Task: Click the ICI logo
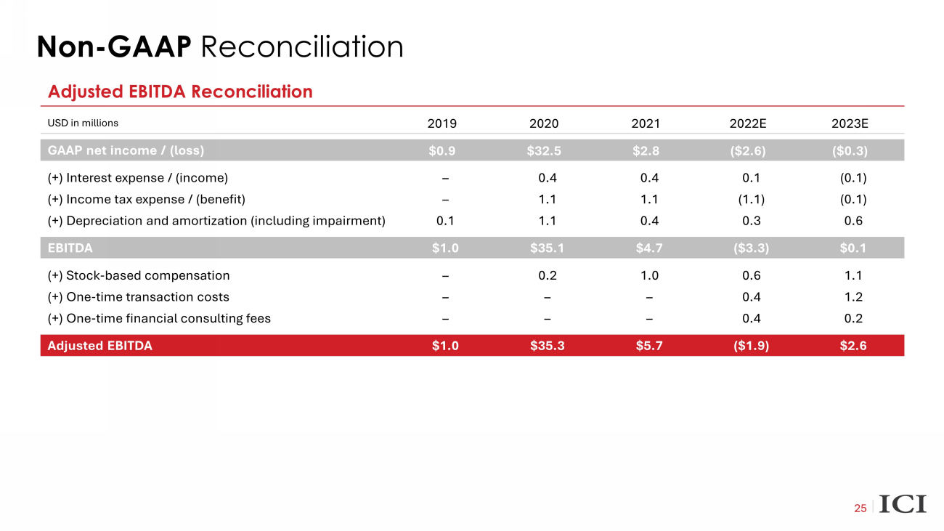[903, 504]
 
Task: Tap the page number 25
[860, 508]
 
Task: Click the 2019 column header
[443, 123]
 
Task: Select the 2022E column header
[747, 123]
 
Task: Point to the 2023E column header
[850, 123]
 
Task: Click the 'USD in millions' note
[83, 123]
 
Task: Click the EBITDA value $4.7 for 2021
[648, 248]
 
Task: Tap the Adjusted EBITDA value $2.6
[853, 346]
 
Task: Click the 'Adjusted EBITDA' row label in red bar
[99, 346]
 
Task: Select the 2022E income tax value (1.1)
[750, 199]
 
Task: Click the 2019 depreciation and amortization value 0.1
[445, 220]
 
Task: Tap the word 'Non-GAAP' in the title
[114, 47]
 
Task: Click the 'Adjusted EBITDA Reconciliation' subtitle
[180, 92]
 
